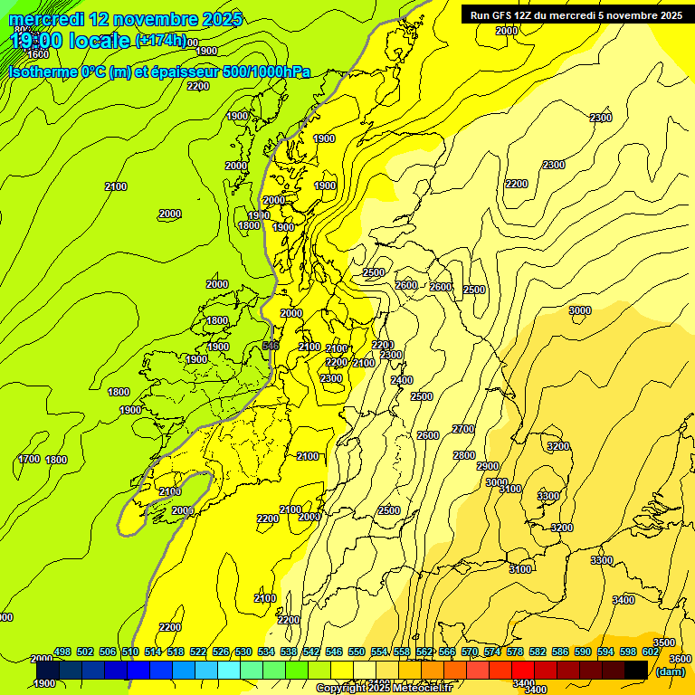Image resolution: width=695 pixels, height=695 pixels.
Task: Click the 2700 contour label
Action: [x=463, y=429]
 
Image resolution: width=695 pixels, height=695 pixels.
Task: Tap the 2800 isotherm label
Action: [x=464, y=455]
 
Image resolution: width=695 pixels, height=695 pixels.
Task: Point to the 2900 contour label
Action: [x=488, y=466]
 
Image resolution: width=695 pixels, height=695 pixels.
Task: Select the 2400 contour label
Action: [x=402, y=380]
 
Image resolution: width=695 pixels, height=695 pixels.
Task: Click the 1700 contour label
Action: [x=29, y=459]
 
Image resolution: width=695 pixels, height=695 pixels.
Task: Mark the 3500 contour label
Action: [x=664, y=643]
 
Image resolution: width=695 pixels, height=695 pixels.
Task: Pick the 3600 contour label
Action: [x=681, y=659]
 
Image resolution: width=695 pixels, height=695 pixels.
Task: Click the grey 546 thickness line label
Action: [x=270, y=346]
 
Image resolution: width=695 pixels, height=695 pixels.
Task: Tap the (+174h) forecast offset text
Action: [x=160, y=40]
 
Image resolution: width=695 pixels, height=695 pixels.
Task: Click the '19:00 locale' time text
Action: [x=71, y=40]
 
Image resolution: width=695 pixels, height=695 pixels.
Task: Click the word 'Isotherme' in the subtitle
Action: [x=42, y=72]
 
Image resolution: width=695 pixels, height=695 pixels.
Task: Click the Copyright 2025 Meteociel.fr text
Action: [x=384, y=689]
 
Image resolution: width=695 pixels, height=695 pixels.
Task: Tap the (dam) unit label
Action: [x=670, y=671]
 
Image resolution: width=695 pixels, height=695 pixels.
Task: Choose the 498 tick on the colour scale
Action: [x=62, y=652]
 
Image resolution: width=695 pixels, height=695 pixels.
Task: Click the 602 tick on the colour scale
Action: [x=650, y=652]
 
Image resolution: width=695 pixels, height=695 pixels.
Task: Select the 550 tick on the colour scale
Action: [x=357, y=652]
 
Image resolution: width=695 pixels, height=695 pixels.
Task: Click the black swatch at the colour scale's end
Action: [x=636, y=670]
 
